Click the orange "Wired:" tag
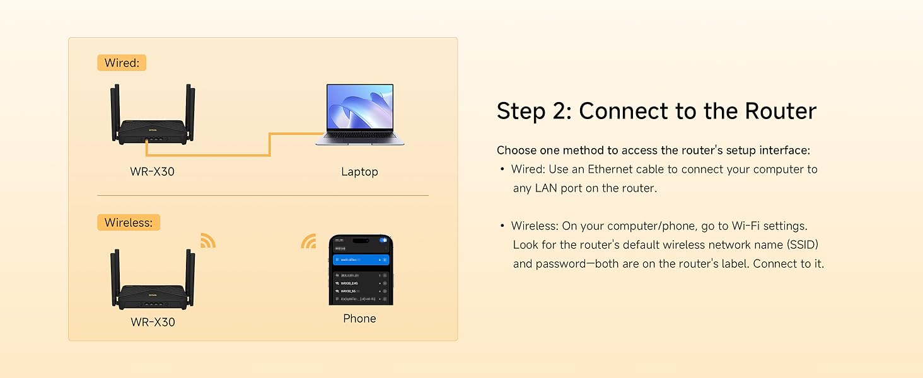121,63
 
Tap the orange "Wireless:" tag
129,222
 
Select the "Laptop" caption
359,172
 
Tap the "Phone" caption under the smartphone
359,319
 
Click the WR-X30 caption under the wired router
153,171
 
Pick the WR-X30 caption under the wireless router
153,322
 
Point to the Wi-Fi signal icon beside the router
208,240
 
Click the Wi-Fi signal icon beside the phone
308,241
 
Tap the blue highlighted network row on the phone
361,260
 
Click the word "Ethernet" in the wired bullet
611,169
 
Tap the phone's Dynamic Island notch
361,240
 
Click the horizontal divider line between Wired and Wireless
262,195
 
